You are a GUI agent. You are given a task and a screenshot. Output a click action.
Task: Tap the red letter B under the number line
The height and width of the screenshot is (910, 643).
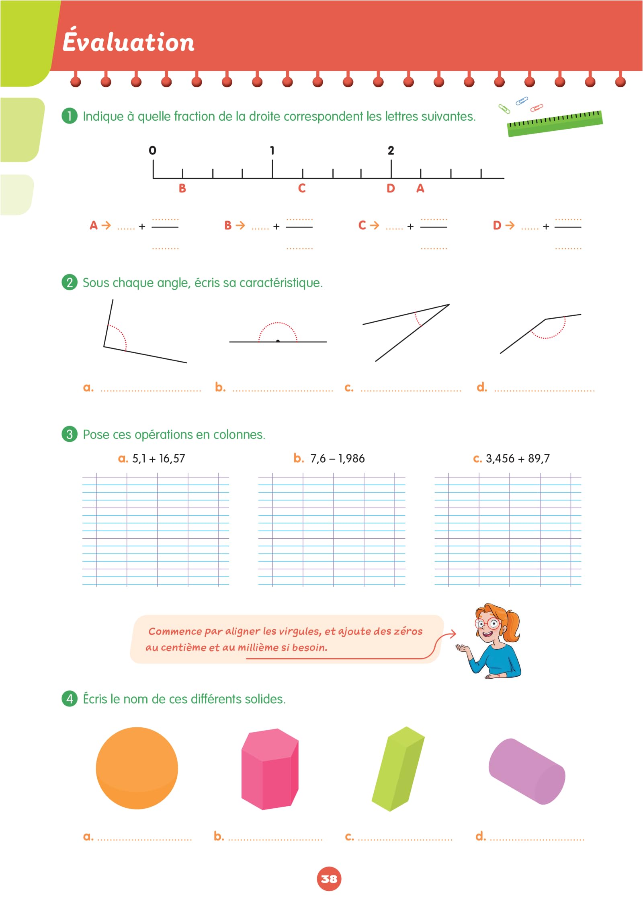click(182, 188)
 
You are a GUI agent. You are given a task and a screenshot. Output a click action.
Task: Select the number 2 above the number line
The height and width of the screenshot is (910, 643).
click(391, 150)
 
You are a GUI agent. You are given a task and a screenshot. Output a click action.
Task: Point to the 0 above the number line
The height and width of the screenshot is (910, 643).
click(152, 150)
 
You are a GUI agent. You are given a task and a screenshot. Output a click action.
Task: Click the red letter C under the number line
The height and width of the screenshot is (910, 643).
click(302, 188)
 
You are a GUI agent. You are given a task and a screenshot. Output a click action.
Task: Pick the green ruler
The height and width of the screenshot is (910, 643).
click(555, 123)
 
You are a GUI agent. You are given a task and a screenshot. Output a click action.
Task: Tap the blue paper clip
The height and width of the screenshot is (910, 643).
click(522, 101)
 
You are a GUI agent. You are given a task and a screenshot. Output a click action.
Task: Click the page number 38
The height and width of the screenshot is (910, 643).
click(329, 879)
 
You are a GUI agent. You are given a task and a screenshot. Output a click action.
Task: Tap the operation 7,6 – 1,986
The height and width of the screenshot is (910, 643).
click(337, 459)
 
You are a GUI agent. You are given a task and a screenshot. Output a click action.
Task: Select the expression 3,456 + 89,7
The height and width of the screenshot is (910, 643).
click(518, 459)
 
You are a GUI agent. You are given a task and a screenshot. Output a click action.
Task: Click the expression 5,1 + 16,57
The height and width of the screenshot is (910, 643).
click(158, 459)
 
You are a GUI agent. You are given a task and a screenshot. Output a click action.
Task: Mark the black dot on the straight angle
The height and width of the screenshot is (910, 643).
click(278, 341)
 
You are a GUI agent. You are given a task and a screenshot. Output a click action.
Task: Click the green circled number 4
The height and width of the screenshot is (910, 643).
click(70, 698)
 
